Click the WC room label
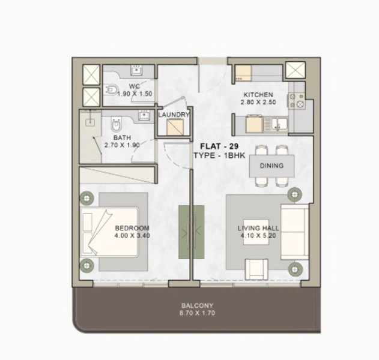tap(134, 86)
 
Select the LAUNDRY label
tap(174, 115)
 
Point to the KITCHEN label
tap(258, 95)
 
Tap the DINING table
tap(271, 166)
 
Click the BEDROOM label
tap(132, 228)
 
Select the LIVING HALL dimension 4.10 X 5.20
tap(256, 236)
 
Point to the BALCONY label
tap(196, 305)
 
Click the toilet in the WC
tap(110, 90)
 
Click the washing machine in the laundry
tap(175, 127)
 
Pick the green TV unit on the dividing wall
tap(191, 232)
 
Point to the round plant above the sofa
tap(294, 194)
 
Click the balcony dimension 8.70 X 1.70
tap(196, 313)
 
